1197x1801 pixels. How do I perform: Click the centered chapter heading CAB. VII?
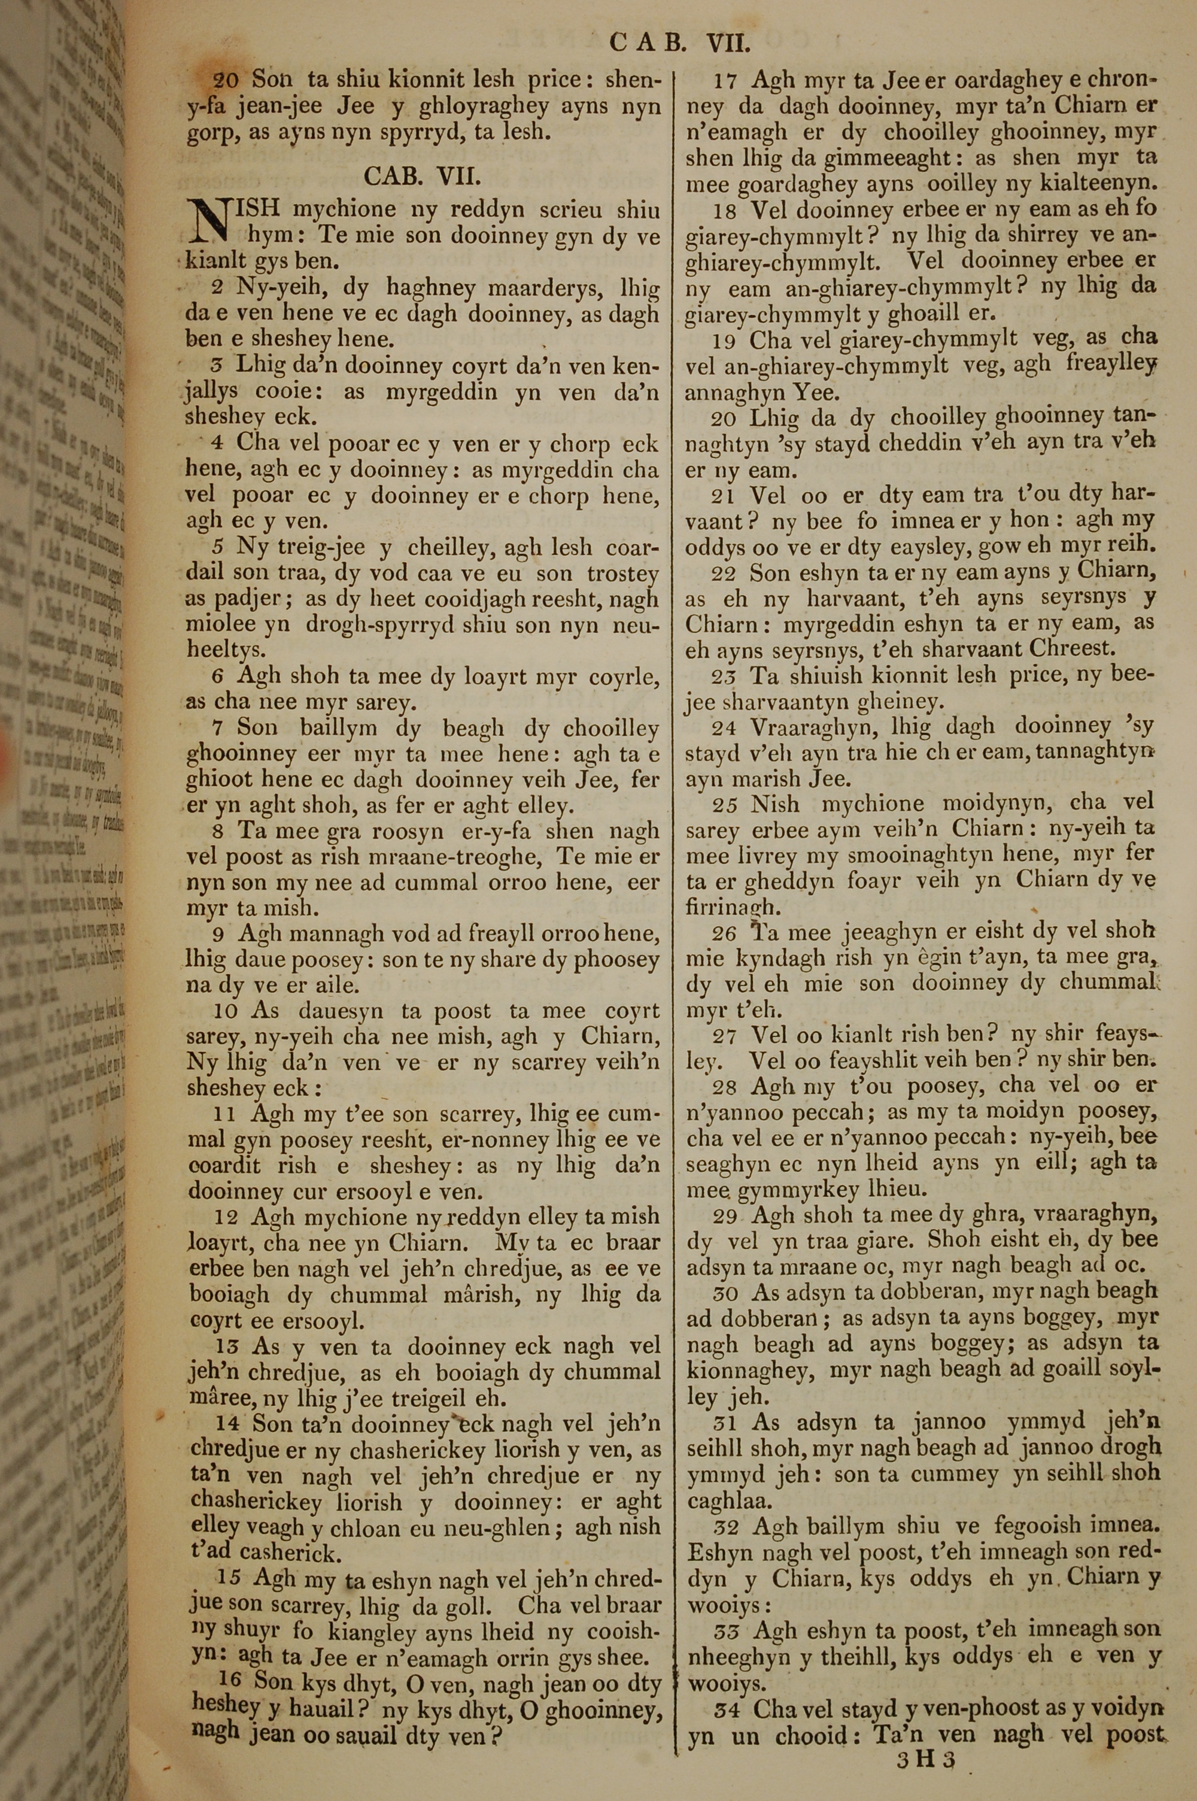422,177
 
